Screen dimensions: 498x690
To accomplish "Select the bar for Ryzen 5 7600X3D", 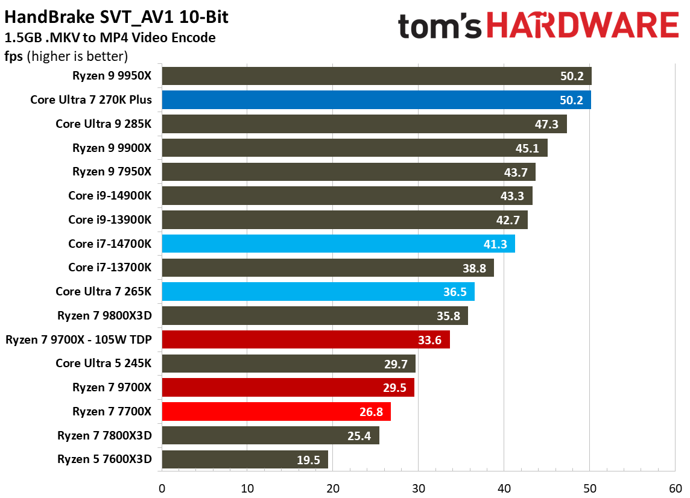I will pyautogui.click(x=245, y=459).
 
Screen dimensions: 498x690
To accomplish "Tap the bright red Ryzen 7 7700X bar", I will pyautogui.click(x=276, y=412).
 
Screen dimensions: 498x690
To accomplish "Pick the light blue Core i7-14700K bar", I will pyautogui.click(x=338, y=244).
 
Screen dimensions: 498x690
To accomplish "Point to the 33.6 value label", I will pyautogui.click(x=429, y=340).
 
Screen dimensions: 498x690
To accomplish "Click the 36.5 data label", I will pyautogui.click(x=455, y=292).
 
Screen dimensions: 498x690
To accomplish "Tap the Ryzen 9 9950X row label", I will pyautogui.click(x=112, y=76).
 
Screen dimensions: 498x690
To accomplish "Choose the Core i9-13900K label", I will pyautogui.click(x=110, y=219).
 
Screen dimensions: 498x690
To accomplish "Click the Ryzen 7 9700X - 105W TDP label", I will pyautogui.click(x=78, y=339).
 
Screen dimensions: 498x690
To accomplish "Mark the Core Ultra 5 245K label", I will pyautogui.click(x=103, y=364).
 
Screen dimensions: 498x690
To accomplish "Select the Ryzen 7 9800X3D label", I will pyautogui.click(x=104, y=315).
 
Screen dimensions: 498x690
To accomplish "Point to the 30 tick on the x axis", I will pyautogui.click(x=419, y=487).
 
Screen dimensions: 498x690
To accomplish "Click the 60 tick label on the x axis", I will pyautogui.click(x=675, y=487).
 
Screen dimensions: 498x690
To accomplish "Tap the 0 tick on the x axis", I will pyautogui.click(x=162, y=487).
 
